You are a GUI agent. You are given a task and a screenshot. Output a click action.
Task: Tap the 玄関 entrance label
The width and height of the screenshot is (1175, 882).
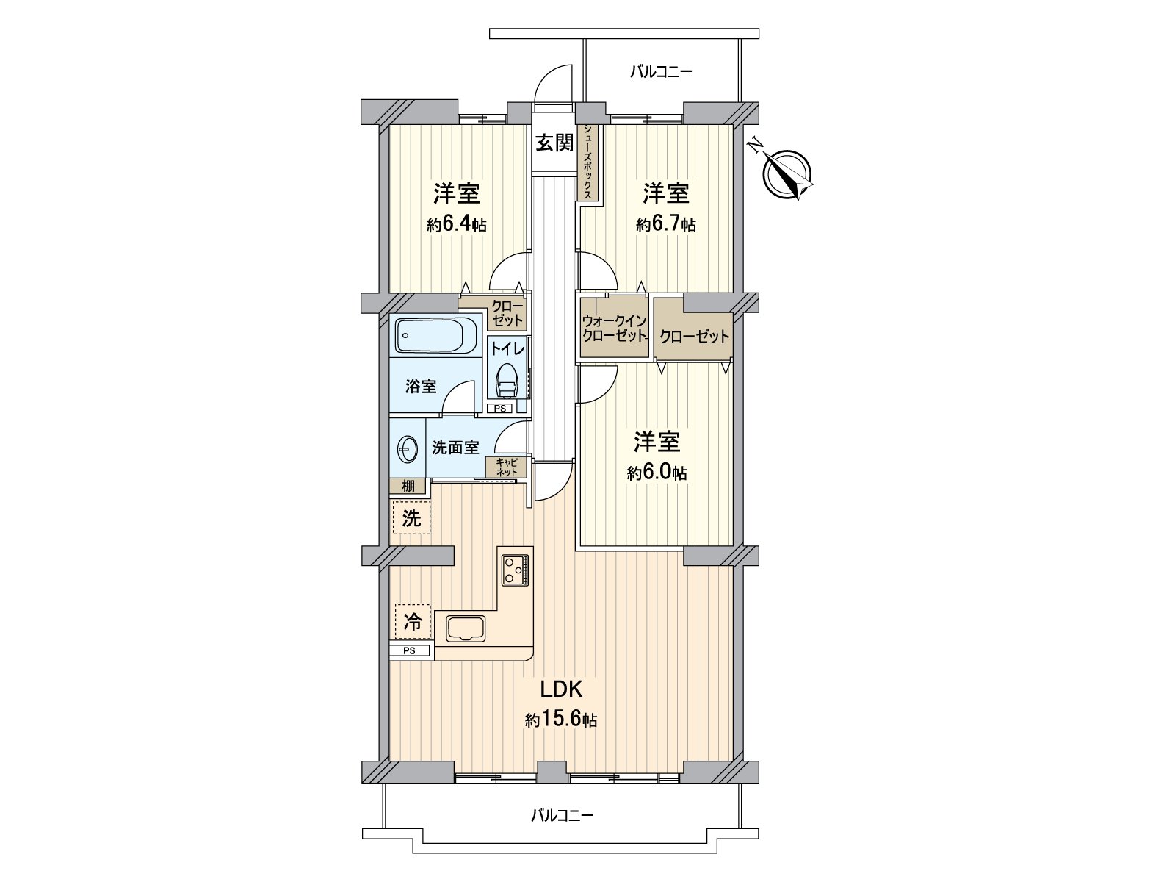(553, 143)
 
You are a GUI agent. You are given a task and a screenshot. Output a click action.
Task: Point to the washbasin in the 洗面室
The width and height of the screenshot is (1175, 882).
(405, 448)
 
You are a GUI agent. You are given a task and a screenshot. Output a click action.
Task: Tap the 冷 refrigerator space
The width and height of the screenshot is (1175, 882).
(413, 623)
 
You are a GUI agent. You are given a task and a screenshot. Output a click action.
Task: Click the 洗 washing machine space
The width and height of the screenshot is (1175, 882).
(411, 518)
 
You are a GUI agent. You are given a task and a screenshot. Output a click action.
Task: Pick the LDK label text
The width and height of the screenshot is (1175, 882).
(561, 689)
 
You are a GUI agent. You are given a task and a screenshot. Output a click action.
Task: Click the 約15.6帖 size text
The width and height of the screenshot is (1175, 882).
(561, 720)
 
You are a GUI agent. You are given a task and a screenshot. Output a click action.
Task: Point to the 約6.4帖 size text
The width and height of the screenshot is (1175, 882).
(456, 225)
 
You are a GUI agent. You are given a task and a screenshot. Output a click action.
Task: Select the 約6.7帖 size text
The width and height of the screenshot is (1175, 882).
(665, 225)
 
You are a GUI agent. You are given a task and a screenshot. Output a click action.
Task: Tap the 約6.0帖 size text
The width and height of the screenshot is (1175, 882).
(657, 473)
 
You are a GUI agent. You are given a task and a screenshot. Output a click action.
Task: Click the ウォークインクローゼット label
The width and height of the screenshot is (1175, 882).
(614, 329)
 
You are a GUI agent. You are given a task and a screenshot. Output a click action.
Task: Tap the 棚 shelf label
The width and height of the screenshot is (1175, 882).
(408, 486)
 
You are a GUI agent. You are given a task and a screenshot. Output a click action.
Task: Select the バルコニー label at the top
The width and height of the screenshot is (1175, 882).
(661, 72)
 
